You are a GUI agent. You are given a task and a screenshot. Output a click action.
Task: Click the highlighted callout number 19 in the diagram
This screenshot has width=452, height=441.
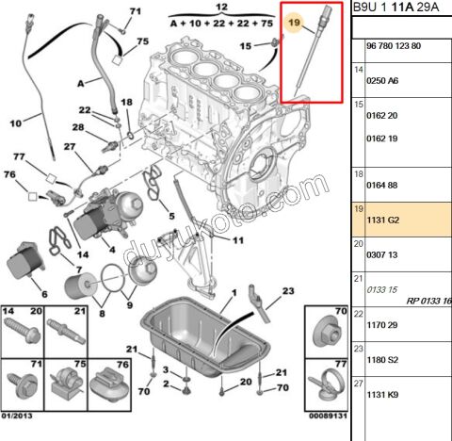295,22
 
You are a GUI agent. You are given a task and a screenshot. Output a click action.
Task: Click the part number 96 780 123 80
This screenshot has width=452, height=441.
395,45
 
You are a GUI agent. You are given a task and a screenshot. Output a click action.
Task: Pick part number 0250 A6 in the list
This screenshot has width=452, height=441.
381,82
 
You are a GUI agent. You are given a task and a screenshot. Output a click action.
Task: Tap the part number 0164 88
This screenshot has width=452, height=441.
381,187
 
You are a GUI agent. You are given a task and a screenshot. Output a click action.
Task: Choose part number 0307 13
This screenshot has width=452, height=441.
381,254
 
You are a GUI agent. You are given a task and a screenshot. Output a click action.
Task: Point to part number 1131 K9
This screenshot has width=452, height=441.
382,395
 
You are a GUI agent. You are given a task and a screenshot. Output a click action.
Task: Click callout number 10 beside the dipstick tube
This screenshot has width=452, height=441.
16,123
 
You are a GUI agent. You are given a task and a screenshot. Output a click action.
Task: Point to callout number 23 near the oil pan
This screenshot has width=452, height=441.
275,290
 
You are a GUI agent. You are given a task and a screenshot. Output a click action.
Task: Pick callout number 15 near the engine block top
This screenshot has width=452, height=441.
245,45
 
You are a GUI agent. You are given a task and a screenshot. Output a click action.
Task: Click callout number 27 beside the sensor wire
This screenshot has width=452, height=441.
70,147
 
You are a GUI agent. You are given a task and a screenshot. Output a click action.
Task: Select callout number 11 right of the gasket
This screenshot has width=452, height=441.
237,240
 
